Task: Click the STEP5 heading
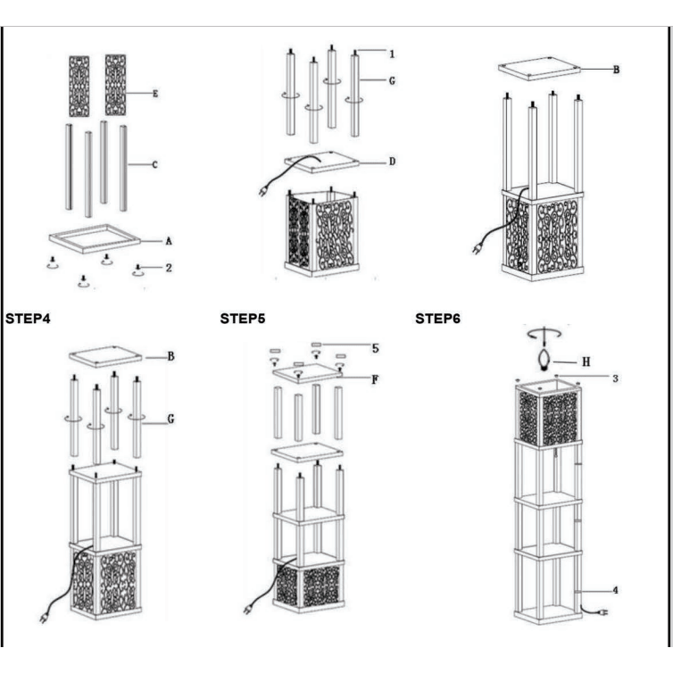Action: [242, 318]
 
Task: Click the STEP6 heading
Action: [437, 318]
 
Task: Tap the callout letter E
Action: [154, 93]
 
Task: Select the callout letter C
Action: [154, 164]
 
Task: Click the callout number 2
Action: [167, 267]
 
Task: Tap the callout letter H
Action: [586, 361]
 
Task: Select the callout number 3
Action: [613, 378]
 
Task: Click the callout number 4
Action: [613, 590]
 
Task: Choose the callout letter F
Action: [376, 378]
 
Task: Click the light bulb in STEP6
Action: [544, 359]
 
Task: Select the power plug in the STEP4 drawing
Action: [43, 615]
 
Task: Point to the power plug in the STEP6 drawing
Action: [603, 612]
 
